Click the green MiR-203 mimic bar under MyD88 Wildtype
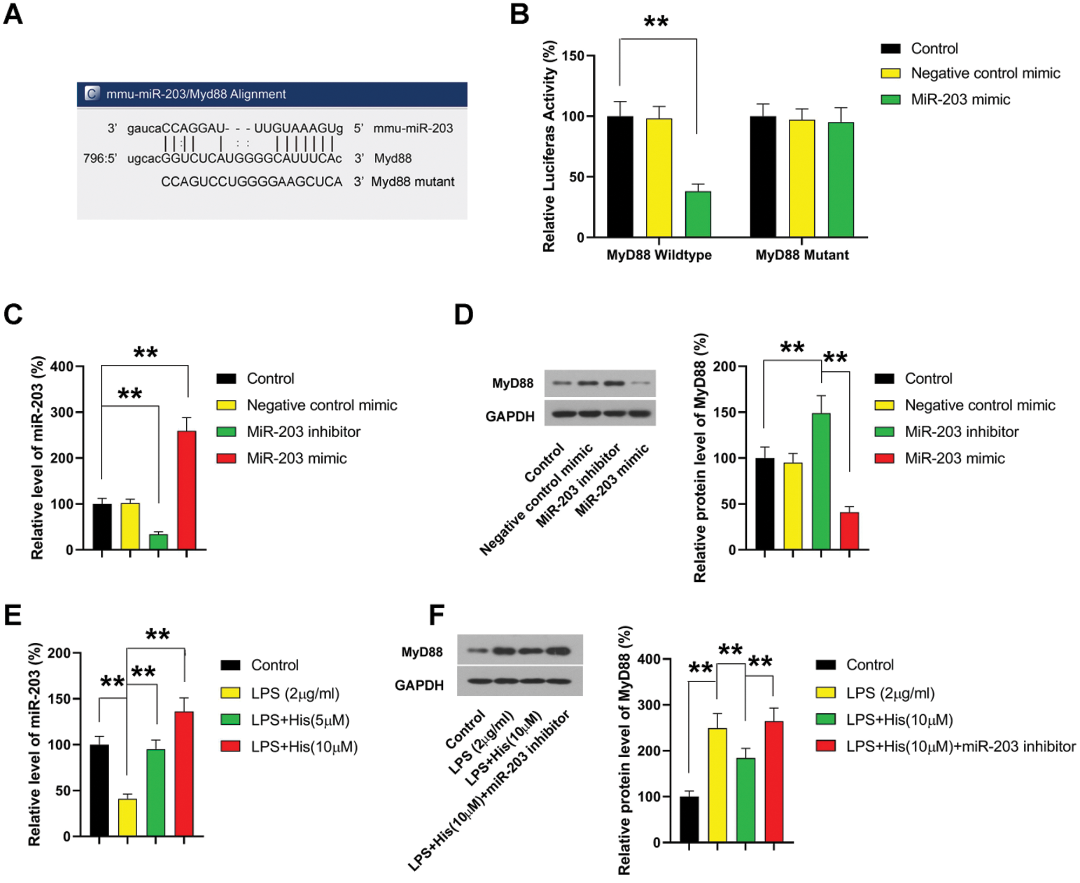click(698, 214)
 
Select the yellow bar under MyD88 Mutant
click(801, 178)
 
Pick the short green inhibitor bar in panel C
click(158, 541)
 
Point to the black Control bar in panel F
click(689, 819)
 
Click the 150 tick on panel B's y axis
click(573, 56)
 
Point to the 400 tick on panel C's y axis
click(62, 367)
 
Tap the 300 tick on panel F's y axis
click(649, 705)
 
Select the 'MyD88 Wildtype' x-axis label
click(659, 255)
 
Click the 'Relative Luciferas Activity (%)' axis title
click(549, 146)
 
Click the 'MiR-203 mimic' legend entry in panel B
click(960, 99)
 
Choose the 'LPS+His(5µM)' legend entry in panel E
click(300, 720)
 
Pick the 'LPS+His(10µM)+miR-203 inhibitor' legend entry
click(961, 746)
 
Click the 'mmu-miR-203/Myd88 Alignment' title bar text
click(196, 94)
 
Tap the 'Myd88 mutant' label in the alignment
click(413, 182)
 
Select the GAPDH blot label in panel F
click(419, 685)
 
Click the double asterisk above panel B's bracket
click(656, 22)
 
